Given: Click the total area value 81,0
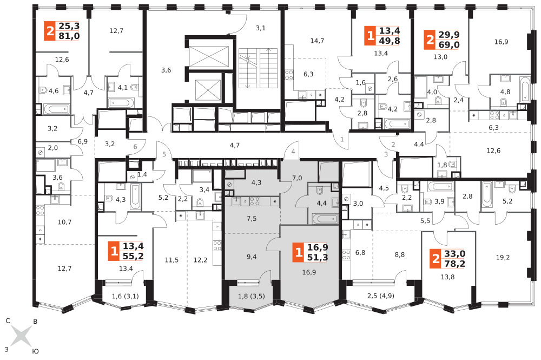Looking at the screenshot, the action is [x=69, y=36].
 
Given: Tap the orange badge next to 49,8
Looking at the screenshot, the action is [x=371, y=36].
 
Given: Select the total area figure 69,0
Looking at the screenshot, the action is [x=449, y=44].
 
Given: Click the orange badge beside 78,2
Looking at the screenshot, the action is [x=436, y=259].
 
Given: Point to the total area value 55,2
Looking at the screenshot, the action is [x=133, y=256].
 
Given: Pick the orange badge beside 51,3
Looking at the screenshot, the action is [x=299, y=252].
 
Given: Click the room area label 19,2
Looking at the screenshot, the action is [x=503, y=257].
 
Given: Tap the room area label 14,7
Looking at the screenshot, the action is [x=317, y=41].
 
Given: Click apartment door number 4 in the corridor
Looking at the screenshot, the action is [x=293, y=152].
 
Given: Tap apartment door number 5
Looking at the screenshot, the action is [x=164, y=154].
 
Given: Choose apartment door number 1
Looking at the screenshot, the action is [x=342, y=140].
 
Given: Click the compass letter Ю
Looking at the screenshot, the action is [x=36, y=351].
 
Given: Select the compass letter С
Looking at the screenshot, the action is [x=8, y=321].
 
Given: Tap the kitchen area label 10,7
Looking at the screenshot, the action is [x=64, y=222].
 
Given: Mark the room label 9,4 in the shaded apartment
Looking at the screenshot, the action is [x=252, y=257].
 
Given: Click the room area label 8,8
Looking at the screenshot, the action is [x=400, y=255].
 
